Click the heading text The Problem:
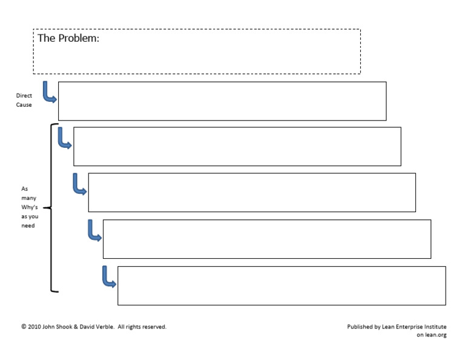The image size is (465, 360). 68,38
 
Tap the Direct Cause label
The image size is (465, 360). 24,100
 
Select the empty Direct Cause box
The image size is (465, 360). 222,101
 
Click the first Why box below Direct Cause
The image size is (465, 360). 237,146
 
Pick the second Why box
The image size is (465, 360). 252,192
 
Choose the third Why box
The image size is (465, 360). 266,239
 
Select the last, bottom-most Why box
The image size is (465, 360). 282,285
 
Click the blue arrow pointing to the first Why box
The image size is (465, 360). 64,138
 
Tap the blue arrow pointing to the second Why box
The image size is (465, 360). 79,184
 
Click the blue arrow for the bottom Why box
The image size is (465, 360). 108,277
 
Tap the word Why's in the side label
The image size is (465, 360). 29,207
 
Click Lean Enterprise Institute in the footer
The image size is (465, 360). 414,327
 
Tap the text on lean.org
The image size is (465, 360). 431,335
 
